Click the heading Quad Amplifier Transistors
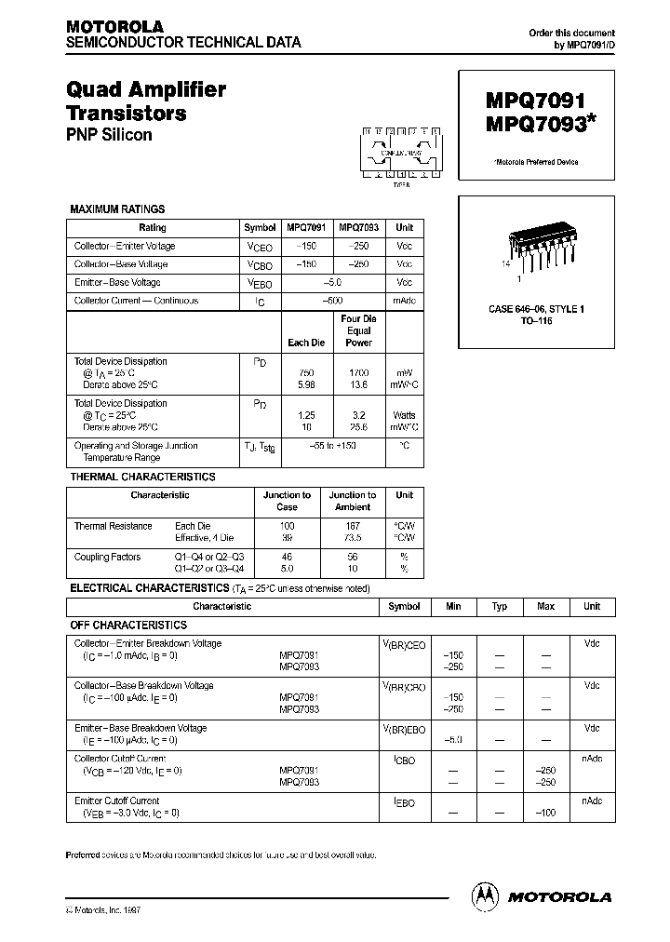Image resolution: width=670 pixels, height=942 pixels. click(x=146, y=101)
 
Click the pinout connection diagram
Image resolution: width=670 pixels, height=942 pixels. click(x=401, y=154)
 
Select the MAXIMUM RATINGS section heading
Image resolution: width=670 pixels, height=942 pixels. click(x=117, y=209)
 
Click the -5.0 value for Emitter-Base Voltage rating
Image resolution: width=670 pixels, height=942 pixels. click(x=332, y=283)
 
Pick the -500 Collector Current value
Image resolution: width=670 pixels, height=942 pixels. click(x=332, y=301)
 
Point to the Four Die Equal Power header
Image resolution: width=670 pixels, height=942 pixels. click(x=358, y=330)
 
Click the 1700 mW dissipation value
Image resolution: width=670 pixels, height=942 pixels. click(x=358, y=372)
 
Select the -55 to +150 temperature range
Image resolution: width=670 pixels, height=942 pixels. click(x=332, y=447)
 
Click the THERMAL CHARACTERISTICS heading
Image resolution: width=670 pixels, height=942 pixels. click(x=142, y=477)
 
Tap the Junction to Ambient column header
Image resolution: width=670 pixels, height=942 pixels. click(x=353, y=501)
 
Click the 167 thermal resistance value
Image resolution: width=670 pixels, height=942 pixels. click(x=353, y=526)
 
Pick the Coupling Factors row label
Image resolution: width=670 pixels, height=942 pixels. click(x=107, y=557)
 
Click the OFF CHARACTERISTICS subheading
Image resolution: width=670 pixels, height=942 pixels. click(x=128, y=626)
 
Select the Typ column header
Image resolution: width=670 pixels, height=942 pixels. click(x=500, y=606)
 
